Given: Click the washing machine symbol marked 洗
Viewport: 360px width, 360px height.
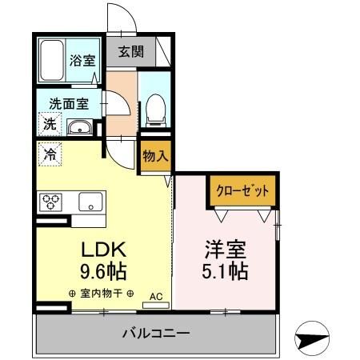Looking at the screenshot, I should (x=49, y=125).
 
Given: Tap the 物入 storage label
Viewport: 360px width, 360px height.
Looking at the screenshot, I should (x=155, y=156).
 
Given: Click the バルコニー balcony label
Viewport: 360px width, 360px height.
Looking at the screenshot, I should (x=155, y=333).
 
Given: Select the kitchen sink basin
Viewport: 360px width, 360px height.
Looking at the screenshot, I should (x=90, y=202).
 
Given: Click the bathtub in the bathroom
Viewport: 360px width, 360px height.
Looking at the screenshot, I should (x=53, y=60).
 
